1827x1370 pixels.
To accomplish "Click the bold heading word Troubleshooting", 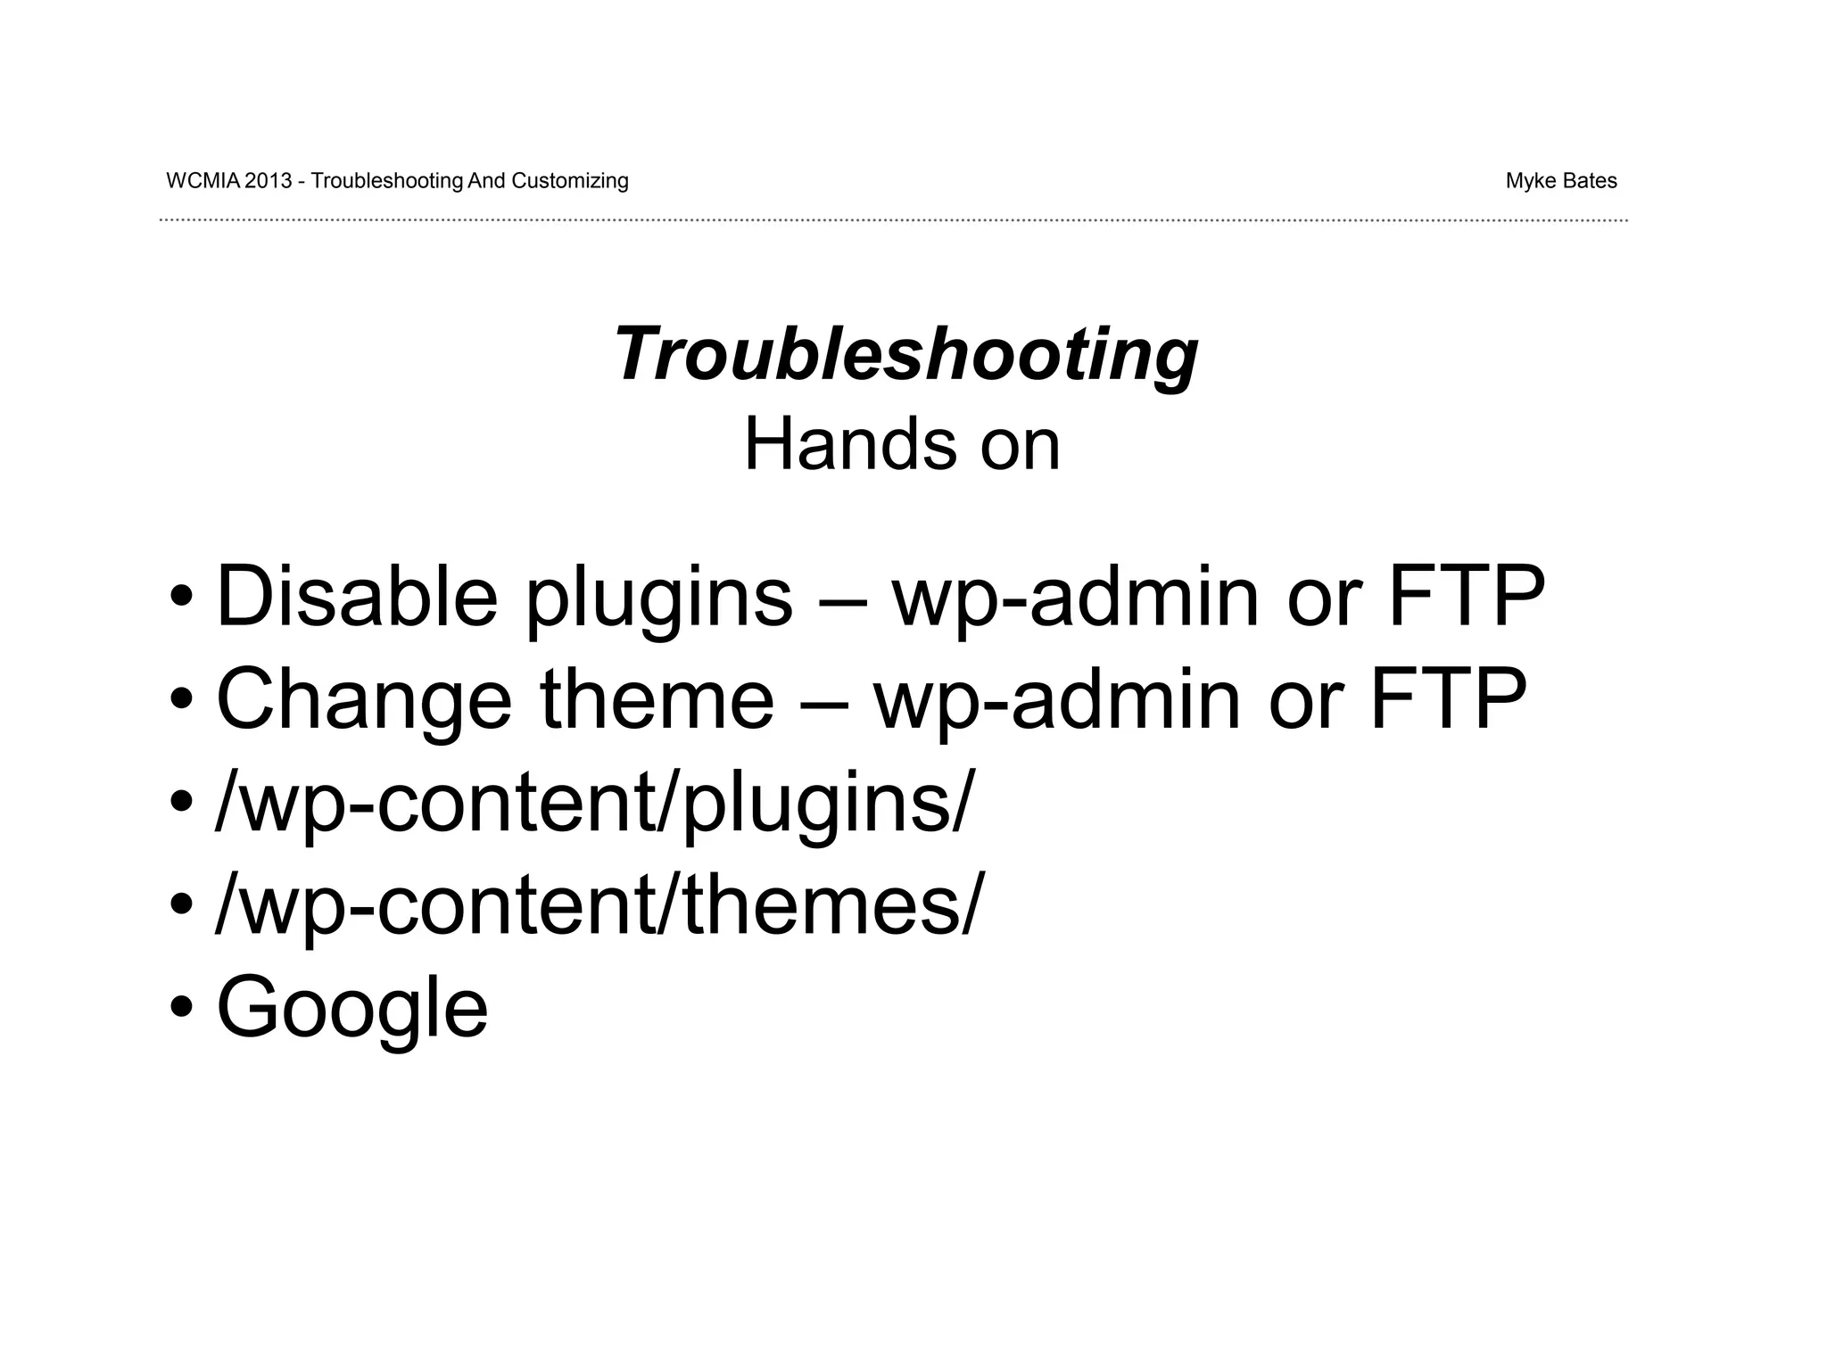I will [905, 355].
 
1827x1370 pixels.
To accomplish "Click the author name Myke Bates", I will [1560, 181].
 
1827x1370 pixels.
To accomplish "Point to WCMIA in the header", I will [203, 181].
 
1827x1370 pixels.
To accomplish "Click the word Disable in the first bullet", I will [357, 596].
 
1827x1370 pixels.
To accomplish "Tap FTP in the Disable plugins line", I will [1466, 596].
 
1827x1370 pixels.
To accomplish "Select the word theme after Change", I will [657, 698].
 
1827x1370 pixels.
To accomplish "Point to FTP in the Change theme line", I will [1447, 698].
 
